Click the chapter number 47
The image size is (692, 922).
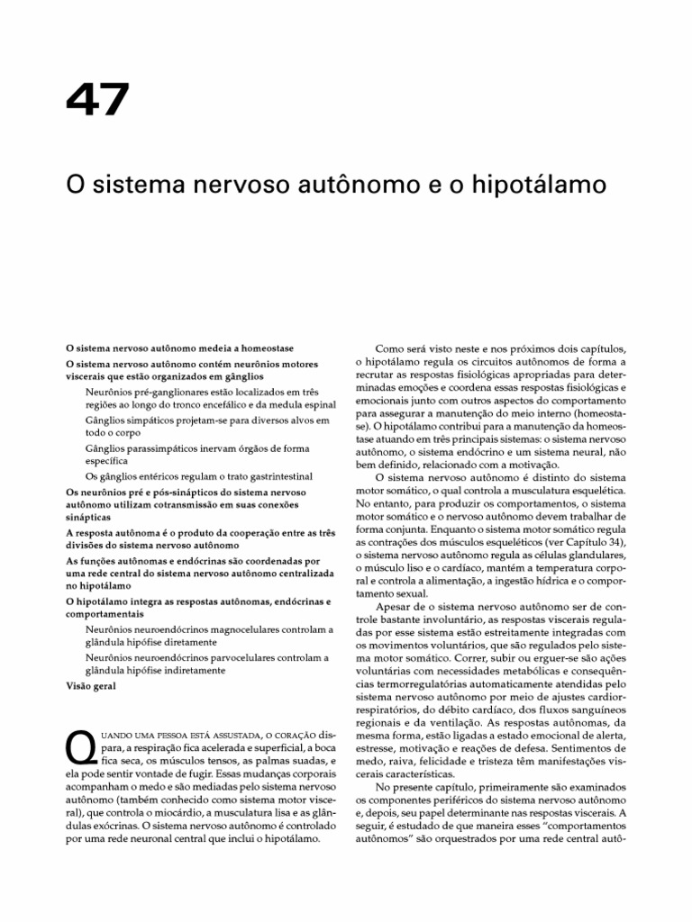pos(97,102)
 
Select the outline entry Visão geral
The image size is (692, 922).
pos(90,685)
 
